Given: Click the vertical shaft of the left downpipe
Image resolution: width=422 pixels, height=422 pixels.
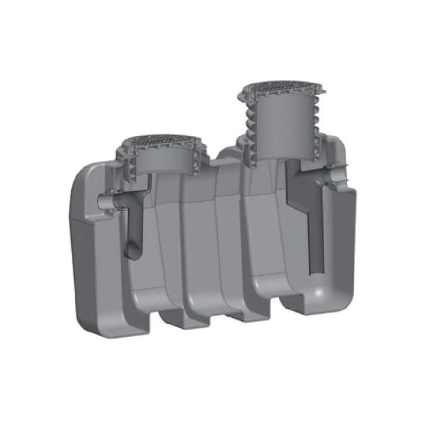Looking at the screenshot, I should (x=131, y=225).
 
